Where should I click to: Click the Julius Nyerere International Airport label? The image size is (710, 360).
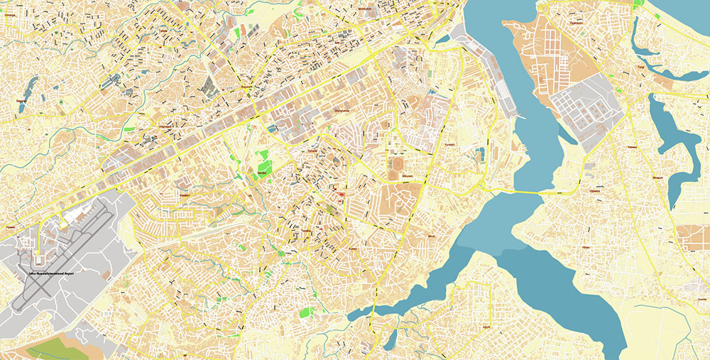(53, 273)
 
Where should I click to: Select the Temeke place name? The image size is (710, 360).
(312, 151)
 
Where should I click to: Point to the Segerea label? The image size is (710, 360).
(20, 102)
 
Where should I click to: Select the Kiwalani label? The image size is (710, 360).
(184, 195)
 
